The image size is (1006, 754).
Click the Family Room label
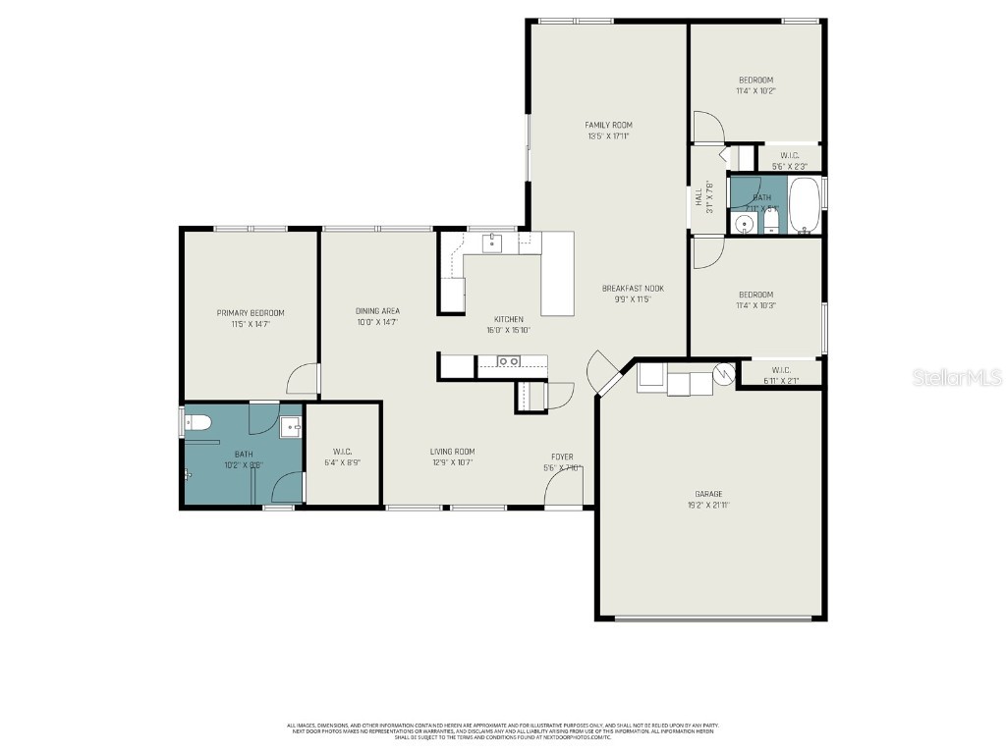(x=608, y=125)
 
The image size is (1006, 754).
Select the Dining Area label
(x=377, y=311)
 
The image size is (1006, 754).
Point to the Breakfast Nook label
(x=633, y=288)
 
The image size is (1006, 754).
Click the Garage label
(x=708, y=494)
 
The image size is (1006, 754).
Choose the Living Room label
(x=452, y=452)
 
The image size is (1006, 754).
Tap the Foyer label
(x=562, y=457)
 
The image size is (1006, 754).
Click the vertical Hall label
(x=699, y=197)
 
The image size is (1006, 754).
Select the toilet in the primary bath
(x=196, y=423)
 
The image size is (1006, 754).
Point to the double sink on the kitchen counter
(x=509, y=361)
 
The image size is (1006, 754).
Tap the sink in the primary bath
(x=291, y=427)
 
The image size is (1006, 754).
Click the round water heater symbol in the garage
(x=724, y=373)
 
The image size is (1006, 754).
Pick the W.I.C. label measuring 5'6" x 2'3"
(x=790, y=155)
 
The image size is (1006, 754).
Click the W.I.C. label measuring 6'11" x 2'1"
(x=782, y=370)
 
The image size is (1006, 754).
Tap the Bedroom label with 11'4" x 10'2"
(x=755, y=80)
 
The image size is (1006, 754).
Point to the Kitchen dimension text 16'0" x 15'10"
(x=509, y=330)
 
